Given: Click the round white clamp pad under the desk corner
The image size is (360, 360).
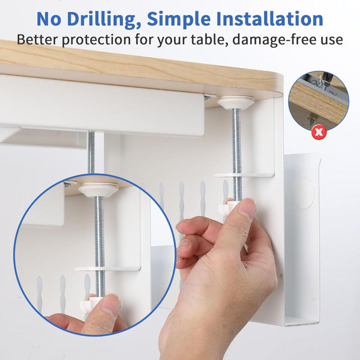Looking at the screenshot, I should click(236, 103).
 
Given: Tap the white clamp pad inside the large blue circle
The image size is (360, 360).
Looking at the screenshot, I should click(98, 190).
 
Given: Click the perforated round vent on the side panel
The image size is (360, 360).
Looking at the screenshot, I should click(303, 192).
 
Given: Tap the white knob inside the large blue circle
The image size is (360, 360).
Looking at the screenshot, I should click(88, 304).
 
